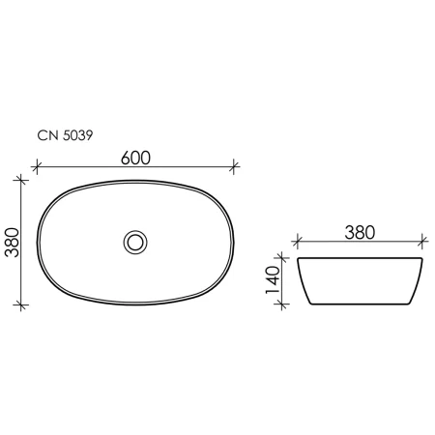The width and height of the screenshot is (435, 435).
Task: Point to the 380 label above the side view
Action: (x=360, y=232)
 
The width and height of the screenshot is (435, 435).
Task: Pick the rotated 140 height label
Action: (x=274, y=281)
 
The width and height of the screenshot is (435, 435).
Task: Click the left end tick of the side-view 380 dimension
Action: (x=297, y=244)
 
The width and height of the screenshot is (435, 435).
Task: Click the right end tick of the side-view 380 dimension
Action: (x=423, y=244)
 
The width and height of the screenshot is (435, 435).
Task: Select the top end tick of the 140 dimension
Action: (x=283, y=259)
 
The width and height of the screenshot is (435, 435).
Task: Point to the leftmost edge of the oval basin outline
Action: (x=38, y=241)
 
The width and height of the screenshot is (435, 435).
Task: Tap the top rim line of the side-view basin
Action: (x=360, y=259)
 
